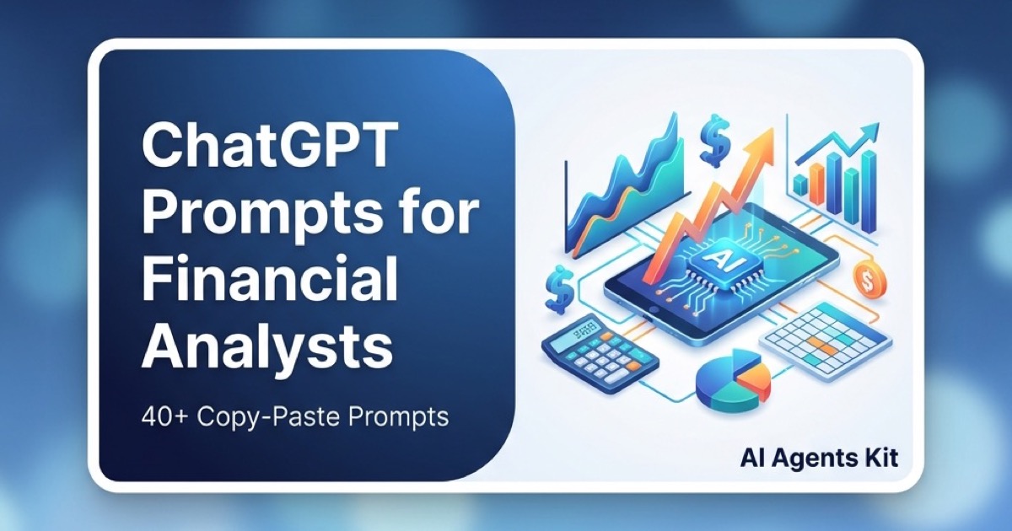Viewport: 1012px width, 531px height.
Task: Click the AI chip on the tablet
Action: coord(713,259)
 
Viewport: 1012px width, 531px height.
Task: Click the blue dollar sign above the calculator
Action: coord(559,287)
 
